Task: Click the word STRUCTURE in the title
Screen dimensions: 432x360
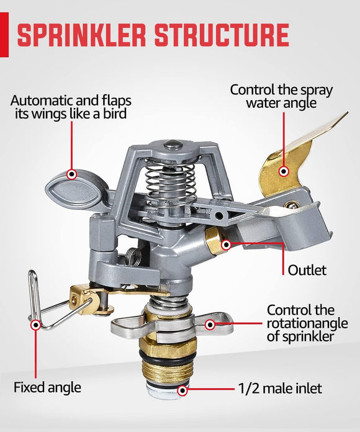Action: (x=220, y=36)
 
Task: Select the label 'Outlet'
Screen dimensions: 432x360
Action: (x=307, y=270)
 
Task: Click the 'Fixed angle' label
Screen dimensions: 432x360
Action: (x=47, y=387)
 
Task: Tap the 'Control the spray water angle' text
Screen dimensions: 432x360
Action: (x=281, y=96)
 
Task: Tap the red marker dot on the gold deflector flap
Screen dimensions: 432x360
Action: (x=284, y=171)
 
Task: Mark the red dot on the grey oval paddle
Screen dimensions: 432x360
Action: (x=72, y=175)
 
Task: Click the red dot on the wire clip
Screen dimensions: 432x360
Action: (x=36, y=324)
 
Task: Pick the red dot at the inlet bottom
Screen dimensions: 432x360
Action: (x=182, y=390)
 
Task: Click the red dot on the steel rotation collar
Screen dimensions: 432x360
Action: (x=210, y=323)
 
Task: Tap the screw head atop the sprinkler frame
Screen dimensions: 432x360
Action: (x=175, y=145)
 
